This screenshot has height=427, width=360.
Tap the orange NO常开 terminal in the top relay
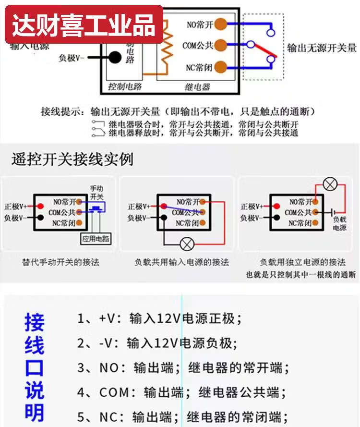coord(220,24)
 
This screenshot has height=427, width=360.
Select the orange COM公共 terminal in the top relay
coord(220,46)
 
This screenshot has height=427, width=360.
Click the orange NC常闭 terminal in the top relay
coord(220,67)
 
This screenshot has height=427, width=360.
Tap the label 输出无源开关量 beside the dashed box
coord(322,48)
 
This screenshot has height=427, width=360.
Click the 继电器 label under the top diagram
coord(197,87)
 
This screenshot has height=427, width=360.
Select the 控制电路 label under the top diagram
coord(125,87)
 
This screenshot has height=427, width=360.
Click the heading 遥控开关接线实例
coord(72,159)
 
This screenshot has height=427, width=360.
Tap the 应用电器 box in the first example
coord(96,239)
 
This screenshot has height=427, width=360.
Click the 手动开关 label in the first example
coord(96,193)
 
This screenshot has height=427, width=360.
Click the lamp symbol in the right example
coord(330,184)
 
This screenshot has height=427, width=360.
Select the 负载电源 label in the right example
coord(339,223)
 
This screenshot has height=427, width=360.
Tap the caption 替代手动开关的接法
coord(61,263)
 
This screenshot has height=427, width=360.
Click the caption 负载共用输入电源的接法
coord(181,263)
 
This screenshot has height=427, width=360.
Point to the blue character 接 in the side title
coord(34,323)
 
